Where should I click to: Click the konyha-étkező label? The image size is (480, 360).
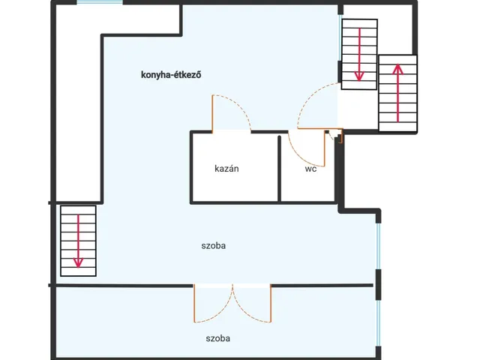(x=171, y=75)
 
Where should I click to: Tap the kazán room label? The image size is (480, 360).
(x=226, y=169)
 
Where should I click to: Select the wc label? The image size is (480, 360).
(x=310, y=169)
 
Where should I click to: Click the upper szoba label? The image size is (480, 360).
(x=213, y=246)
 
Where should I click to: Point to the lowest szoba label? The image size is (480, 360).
(x=218, y=338)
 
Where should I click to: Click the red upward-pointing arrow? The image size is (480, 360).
(x=397, y=93)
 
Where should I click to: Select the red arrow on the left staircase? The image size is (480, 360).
(x=78, y=241)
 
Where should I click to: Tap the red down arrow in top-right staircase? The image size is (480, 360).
(x=359, y=55)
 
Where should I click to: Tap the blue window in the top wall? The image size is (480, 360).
(x=100, y=1)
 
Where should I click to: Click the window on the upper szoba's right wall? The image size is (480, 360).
(x=379, y=247)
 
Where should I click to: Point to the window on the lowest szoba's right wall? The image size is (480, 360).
(x=379, y=323)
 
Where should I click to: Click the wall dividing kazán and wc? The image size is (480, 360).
(x=280, y=169)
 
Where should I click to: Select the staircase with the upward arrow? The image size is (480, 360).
(x=397, y=93)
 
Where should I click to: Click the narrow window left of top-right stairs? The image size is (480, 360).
(x=340, y=37)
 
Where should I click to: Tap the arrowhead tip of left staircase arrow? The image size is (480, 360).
(x=78, y=268)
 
